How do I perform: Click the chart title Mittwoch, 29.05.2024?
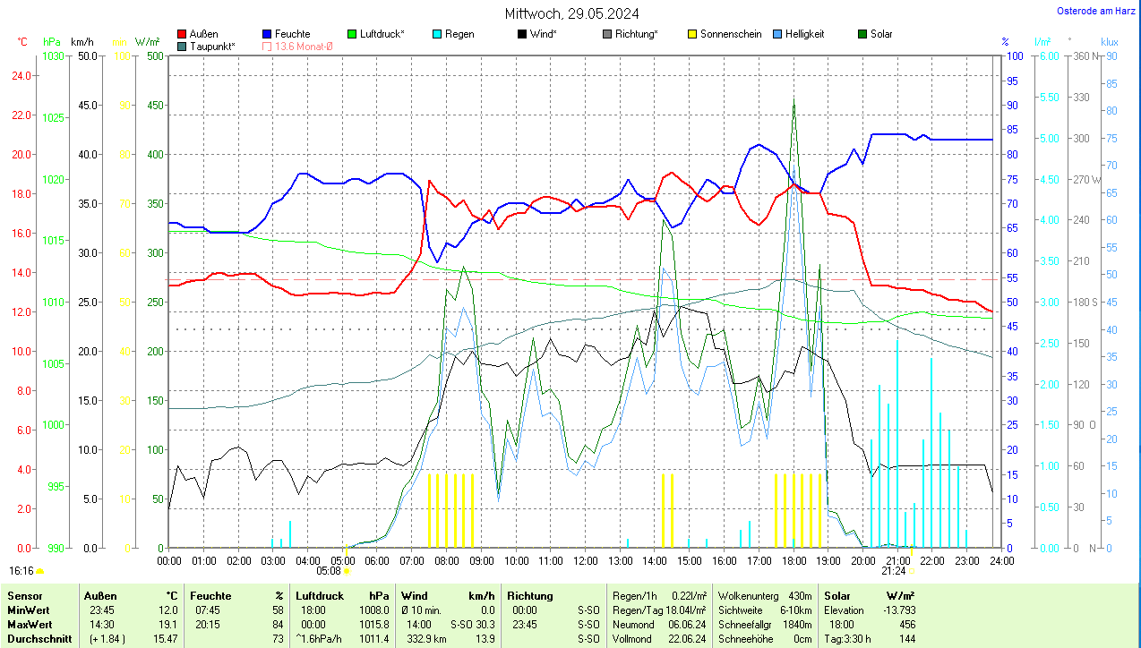[x=571, y=13]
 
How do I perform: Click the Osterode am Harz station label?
[x=1096, y=11]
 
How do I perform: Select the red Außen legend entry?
[x=203, y=34]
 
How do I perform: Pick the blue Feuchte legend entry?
[x=292, y=34]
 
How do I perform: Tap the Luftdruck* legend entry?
[x=382, y=34]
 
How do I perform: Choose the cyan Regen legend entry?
[x=459, y=34]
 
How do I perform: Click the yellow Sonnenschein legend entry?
[x=731, y=34]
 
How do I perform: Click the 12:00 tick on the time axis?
[x=586, y=561]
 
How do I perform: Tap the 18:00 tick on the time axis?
[x=794, y=561]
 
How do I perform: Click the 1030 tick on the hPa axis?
[x=54, y=56]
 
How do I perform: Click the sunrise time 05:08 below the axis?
[x=329, y=571]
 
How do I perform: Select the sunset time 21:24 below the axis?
[x=893, y=571]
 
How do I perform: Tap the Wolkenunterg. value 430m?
[x=800, y=596]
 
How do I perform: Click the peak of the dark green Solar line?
[x=794, y=100]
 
